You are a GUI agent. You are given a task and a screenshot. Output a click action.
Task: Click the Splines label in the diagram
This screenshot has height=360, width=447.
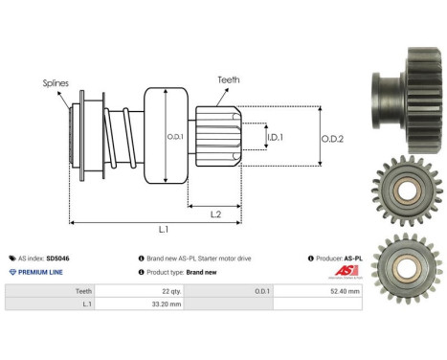[x=56, y=83]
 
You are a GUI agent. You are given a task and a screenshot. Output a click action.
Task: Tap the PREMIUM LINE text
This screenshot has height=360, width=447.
[x=37, y=272]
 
